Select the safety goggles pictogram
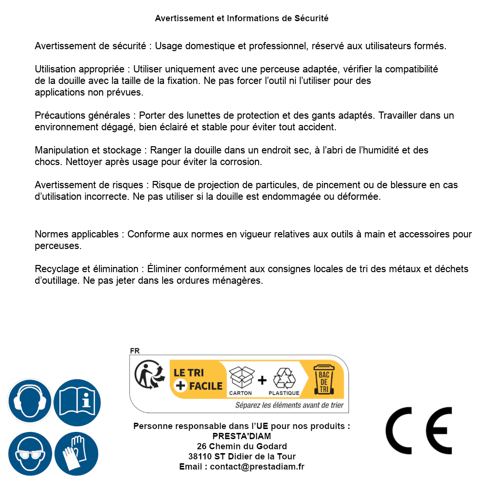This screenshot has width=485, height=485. coord(29,454)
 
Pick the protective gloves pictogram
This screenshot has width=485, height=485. coord(77,454)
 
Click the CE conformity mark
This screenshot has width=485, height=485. coord(418,430)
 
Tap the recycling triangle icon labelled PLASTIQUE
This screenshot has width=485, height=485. coord(284,378)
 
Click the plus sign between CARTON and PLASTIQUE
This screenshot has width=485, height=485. coord(262,380)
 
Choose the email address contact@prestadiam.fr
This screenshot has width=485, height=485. coord(257,467)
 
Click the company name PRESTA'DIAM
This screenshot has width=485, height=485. coord(242,436)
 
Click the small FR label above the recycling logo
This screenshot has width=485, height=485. coord(135,351)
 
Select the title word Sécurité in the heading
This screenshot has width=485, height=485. coord(311,18)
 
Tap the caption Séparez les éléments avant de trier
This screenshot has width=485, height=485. coord(289,405)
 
